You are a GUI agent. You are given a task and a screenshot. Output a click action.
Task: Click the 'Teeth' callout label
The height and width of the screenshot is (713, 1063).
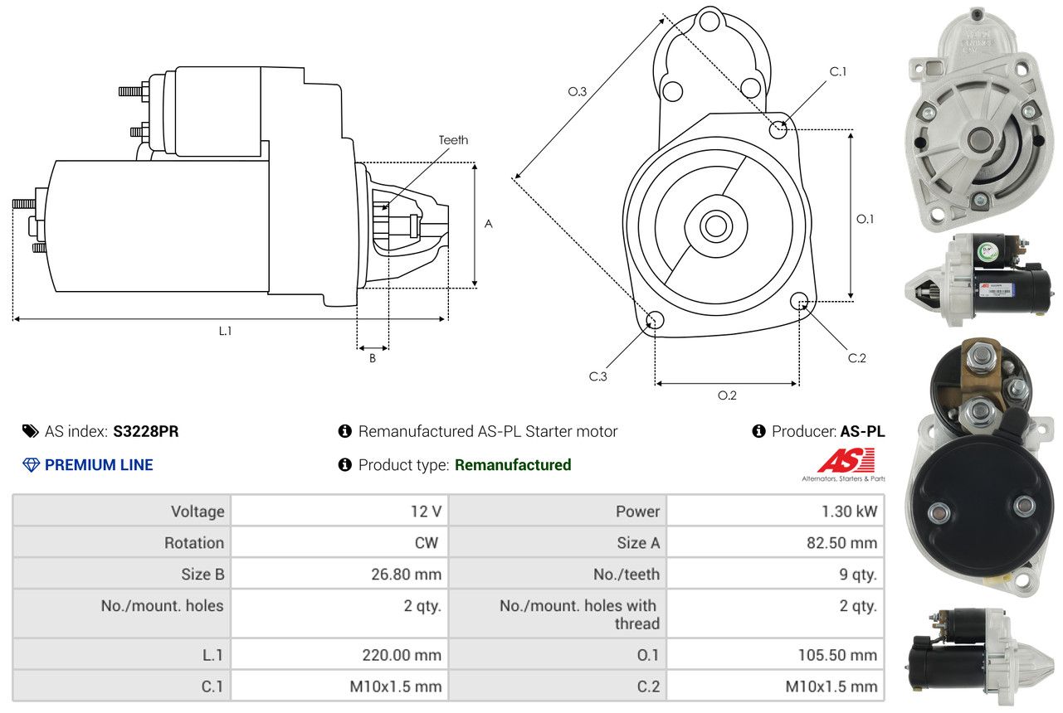[453, 140]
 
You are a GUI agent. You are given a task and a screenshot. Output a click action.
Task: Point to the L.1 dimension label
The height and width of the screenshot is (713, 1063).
[225, 331]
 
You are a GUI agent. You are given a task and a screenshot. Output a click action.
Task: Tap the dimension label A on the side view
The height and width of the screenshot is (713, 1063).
[489, 224]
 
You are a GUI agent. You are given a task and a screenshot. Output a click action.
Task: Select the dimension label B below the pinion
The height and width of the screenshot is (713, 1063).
[373, 359]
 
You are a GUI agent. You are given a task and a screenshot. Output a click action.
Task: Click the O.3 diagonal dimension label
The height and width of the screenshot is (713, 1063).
[578, 92]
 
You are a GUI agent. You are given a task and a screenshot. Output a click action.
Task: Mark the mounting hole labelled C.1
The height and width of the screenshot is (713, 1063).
[778, 129]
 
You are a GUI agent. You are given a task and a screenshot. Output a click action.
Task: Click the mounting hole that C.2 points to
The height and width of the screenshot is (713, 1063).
[800, 300]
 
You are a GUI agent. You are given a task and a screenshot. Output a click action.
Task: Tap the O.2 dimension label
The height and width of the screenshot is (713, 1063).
[727, 395]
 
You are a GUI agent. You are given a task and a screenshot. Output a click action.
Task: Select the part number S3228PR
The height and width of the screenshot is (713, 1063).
[146, 431]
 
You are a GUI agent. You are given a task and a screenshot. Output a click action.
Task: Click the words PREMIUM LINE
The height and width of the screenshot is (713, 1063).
[99, 465]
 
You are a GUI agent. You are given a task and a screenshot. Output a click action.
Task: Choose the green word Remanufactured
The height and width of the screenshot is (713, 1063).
[513, 465]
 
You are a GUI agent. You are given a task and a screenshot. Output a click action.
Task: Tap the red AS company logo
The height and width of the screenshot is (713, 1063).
[846, 461]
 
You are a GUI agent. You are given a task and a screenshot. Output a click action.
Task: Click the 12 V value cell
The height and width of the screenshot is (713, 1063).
[426, 512]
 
